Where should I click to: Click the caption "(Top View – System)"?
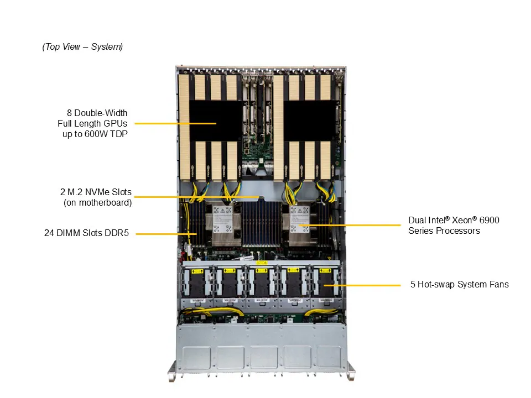pos(82,47)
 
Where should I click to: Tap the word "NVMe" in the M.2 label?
pos(98,192)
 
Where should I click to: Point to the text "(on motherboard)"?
pos(97,203)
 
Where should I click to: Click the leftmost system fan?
pos(196,283)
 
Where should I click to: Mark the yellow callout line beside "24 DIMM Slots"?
pos(163,234)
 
